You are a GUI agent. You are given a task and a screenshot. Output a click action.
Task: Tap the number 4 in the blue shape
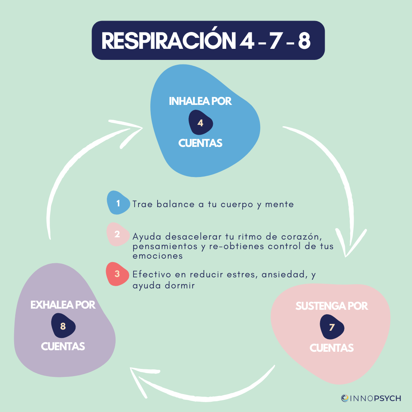(x=201, y=122)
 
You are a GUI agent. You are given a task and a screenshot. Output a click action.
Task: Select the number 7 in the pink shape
(x=332, y=327)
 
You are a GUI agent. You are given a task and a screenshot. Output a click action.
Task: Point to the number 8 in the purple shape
(x=63, y=325)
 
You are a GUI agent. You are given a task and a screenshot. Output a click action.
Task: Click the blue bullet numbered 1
(x=118, y=203)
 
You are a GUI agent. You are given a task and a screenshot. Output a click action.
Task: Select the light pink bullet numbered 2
(x=117, y=234)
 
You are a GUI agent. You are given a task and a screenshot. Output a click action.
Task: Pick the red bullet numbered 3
(x=117, y=274)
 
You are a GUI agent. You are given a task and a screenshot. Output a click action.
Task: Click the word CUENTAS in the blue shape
(x=200, y=143)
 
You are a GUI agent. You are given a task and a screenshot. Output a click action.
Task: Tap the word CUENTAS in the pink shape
(x=331, y=348)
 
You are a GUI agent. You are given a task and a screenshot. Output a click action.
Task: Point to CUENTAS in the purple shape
(x=63, y=346)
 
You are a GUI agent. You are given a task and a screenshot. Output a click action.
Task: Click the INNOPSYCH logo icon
(x=345, y=398)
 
